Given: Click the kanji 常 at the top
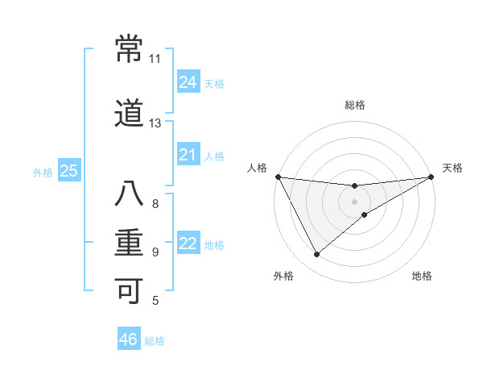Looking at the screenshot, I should pos(129,51).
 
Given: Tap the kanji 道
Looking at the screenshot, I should pos(129,115).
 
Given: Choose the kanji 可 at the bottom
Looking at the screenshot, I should pos(129,290).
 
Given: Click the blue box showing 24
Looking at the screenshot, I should pos(188,82).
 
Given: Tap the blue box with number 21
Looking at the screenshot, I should pos(188,155).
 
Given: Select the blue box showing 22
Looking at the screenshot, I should pos(188,244).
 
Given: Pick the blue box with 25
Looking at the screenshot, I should pos(68,171).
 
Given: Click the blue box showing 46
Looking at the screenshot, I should pos(129,339).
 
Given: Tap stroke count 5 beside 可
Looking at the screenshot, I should pos(155,301).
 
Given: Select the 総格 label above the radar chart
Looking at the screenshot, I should pos(355,105).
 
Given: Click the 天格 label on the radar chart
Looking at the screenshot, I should pos(452,169).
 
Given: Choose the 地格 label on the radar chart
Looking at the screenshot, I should pos(422,277).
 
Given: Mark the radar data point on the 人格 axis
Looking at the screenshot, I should pos(278,177).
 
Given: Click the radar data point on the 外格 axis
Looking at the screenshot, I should pos(316,255).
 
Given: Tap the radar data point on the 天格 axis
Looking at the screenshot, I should pos(431,177).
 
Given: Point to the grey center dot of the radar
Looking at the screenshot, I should pos(355,201).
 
